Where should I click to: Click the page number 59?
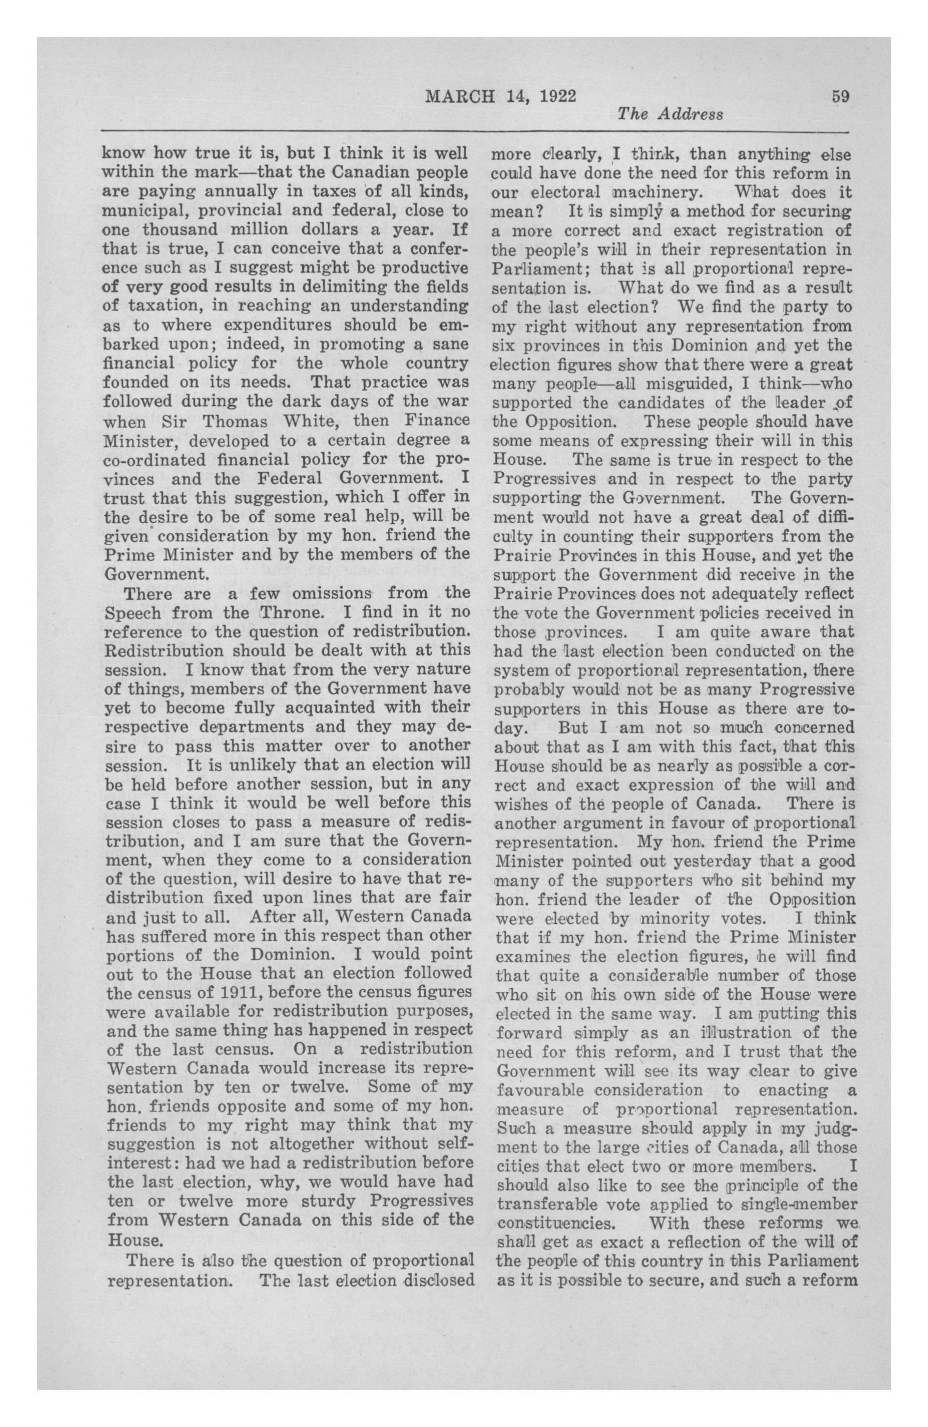click(841, 97)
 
